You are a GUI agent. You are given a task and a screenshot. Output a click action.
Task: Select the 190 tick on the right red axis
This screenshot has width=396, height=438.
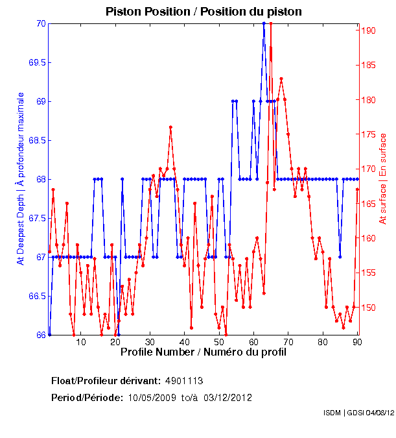click(367, 30)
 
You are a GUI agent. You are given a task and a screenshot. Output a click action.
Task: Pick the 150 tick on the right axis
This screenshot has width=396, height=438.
click(367, 308)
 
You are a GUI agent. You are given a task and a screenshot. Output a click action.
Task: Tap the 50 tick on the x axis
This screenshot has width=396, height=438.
click(219, 341)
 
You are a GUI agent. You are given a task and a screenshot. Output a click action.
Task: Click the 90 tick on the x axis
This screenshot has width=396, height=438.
click(357, 341)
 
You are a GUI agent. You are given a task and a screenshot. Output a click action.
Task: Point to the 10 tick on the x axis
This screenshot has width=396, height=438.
click(80, 341)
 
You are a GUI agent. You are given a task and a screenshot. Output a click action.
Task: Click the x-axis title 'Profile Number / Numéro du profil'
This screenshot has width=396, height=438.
click(203, 352)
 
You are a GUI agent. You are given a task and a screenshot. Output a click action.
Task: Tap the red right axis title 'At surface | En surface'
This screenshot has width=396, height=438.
click(383, 178)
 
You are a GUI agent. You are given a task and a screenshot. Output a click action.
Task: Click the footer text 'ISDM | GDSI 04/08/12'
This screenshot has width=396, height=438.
click(358, 413)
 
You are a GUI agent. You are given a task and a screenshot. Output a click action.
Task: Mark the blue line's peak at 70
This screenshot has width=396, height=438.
click(264, 23)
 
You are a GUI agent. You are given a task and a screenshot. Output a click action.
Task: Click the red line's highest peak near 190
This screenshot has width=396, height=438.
click(270, 23)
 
